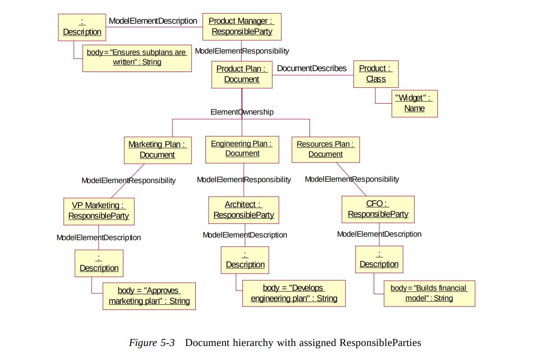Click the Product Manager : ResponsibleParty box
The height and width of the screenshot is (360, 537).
pos(241,26)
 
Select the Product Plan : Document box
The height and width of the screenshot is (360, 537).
pos(241,74)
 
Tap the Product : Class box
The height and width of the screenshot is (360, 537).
pos(376,74)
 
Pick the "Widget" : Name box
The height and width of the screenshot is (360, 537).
pos(414,103)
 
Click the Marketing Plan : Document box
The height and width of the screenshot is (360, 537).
pos(157,150)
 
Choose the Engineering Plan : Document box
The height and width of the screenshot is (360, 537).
pos(242,149)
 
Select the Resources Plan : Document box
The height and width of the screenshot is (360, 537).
pos(325,149)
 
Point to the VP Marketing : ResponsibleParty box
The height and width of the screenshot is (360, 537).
pos(98,211)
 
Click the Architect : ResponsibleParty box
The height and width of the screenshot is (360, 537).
pos(243,210)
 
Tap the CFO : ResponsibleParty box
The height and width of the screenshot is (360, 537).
pos(378,209)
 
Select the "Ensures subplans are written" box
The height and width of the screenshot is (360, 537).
pos(137,58)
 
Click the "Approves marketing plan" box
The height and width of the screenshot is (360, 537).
pos(149,296)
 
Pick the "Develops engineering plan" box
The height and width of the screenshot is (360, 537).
pos(294,293)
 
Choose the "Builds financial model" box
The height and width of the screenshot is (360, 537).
pos(429,293)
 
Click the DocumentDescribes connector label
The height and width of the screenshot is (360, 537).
pos(312,68)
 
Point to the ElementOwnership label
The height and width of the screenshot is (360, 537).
pos(242,112)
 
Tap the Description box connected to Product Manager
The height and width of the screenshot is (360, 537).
pos(82,27)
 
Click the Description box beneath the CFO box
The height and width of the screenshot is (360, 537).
pos(379,259)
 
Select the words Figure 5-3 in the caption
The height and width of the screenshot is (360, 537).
pos(151,343)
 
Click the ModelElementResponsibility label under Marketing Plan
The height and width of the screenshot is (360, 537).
pos(129,180)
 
